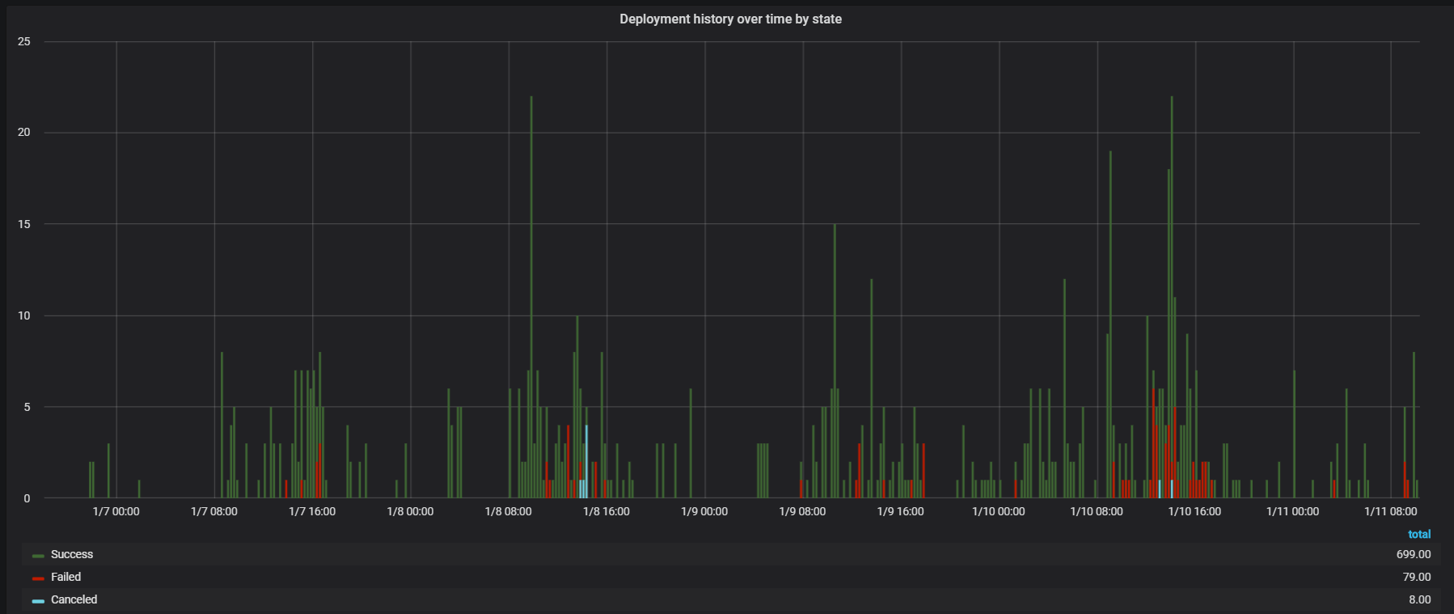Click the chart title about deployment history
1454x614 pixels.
(730, 19)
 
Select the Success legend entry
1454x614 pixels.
(71, 555)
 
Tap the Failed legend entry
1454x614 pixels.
(66, 578)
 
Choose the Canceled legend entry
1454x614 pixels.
(74, 600)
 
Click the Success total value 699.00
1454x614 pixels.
(1413, 555)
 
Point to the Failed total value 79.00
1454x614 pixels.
(1416, 578)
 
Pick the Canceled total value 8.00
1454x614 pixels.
(1419, 600)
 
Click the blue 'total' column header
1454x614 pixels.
(1419, 535)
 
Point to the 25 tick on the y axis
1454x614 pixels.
(24, 42)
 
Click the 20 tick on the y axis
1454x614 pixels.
(24, 133)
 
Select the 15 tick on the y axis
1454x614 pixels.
(24, 224)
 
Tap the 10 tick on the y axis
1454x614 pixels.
(24, 315)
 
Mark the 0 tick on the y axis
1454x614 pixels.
(27, 498)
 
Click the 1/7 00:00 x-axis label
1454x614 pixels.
(116, 512)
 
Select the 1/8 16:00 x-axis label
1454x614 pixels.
(606, 512)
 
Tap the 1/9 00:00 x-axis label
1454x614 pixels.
(704, 512)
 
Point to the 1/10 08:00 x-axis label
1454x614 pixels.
(1096, 512)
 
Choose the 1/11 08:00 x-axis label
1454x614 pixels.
(1390, 512)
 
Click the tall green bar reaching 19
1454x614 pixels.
(1110, 324)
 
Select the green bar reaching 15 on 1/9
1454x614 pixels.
(835, 364)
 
